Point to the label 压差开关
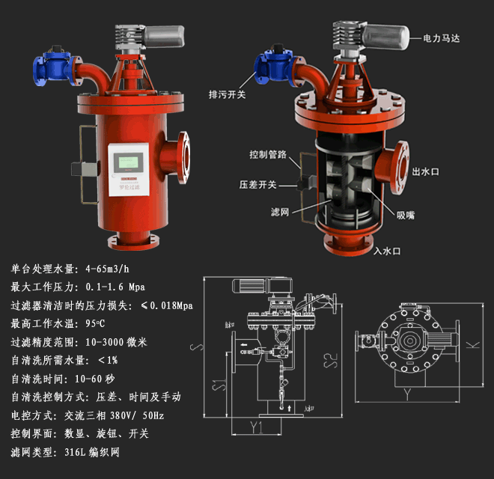(258, 184)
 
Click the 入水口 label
(388, 251)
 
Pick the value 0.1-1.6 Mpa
(115, 287)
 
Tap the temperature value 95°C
(96, 324)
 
